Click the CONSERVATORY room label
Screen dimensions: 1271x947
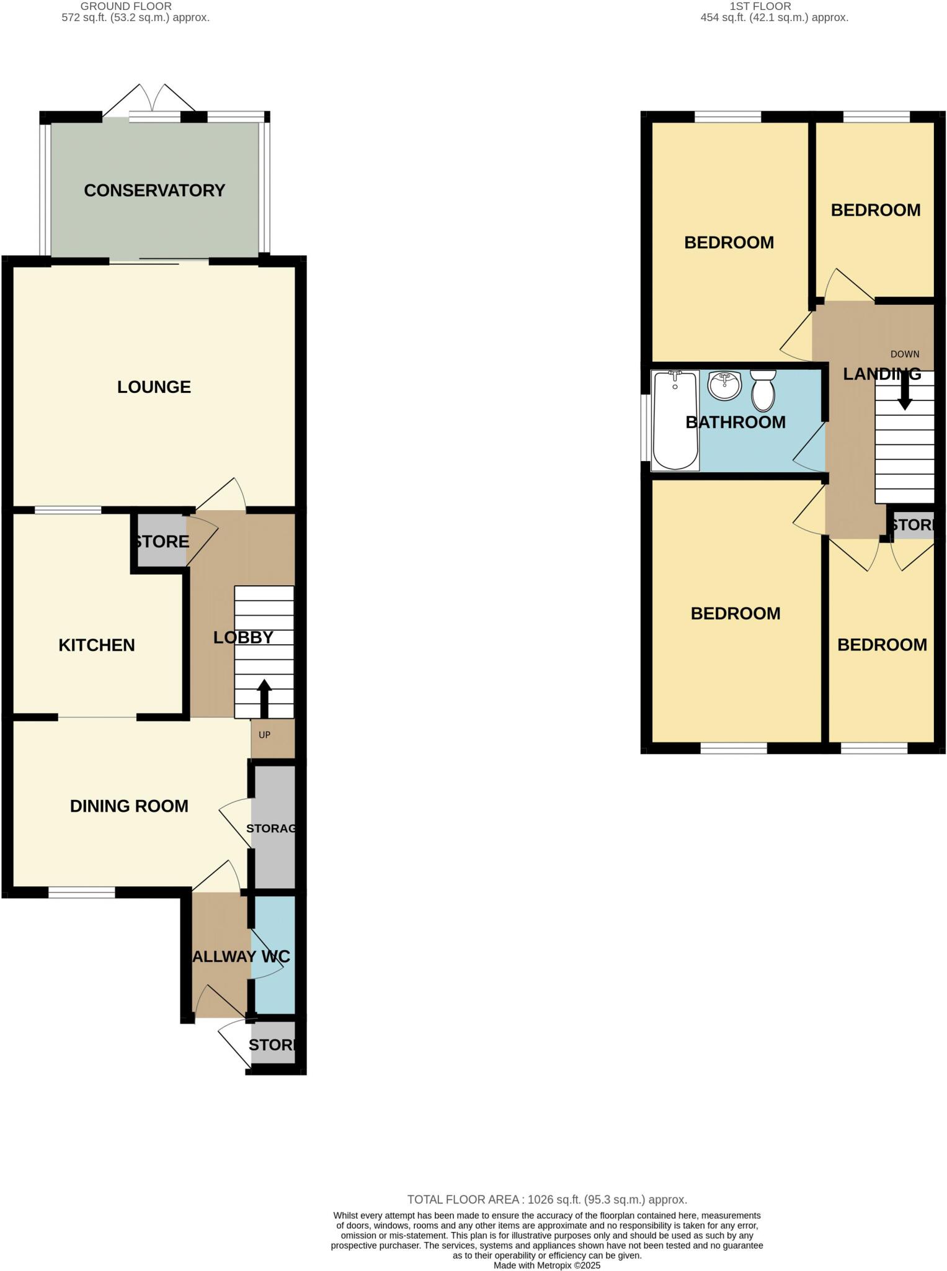click(154, 191)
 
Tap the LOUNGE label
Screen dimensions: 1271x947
click(154, 387)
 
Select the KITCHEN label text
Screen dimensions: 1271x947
click(97, 645)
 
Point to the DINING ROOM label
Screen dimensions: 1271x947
click(129, 806)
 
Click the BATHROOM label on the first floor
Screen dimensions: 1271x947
click(736, 423)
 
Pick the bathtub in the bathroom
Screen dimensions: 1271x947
click(675, 420)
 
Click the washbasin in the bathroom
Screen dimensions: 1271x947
click(724, 385)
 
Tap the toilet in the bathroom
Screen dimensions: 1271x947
click(763, 390)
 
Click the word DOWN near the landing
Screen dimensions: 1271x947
click(905, 354)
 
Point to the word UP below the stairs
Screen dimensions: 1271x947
click(264, 735)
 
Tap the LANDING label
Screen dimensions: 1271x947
click(881, 374)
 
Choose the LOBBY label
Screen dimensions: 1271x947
click(243, 637)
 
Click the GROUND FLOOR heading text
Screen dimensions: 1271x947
click(126, 6)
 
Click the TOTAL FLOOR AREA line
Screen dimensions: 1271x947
click(546, 1200)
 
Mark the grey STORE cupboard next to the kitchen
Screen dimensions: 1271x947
click(161, 541)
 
